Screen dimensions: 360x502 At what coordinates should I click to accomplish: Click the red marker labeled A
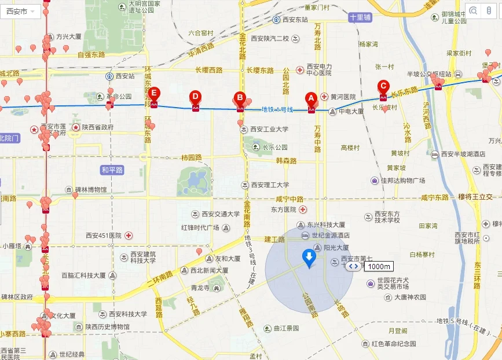pyautogui.click(x=311, y=98)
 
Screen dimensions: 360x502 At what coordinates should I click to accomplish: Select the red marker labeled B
pyautogui.click(x=240, y=98)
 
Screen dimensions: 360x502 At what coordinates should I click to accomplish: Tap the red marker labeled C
pyautogui.click(x=383, y=86)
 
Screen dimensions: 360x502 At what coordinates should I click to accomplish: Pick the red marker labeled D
pyautogui.click(x=195, y=96)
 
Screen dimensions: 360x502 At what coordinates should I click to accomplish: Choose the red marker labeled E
pyautogui.click(x=154, y=93)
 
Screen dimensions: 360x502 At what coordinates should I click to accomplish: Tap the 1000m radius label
pyautogui.click(x=379, y=267)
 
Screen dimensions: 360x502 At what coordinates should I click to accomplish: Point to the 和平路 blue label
pyautogui.click(x=112, y=170)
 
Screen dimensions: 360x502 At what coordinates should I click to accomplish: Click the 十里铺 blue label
pyautogui.click(x=360, y=18)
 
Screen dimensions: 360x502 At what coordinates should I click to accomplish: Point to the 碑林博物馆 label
pyautogui.click(x=90, y=189)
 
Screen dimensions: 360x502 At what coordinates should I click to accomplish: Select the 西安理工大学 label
pyautogui.click(x=270, y=185)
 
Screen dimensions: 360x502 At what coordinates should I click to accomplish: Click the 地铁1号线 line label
pyautogui.click(x=277, y=109)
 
